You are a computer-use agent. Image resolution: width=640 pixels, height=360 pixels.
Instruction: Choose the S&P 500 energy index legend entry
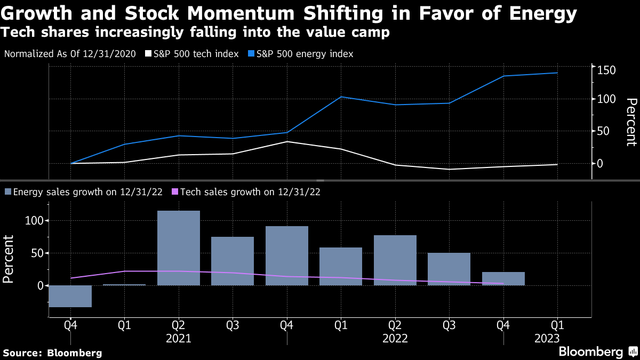(303, 54)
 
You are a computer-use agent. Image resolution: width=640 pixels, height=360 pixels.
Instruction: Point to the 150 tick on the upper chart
(607, 70)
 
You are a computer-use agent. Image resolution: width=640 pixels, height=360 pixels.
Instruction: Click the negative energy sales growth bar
(70, 296)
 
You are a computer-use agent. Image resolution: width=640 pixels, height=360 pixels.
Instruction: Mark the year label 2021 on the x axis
(179, 338)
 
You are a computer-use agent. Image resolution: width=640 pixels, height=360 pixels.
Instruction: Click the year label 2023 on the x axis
(547, 338)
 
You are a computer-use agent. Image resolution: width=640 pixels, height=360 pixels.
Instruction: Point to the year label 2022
(395, 338)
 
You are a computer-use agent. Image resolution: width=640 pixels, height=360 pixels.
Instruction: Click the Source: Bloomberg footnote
(52, 353)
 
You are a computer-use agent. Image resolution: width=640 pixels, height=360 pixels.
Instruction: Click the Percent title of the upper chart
(631, 122)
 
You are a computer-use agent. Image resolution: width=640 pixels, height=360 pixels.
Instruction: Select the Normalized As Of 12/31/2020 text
(70, 54)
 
